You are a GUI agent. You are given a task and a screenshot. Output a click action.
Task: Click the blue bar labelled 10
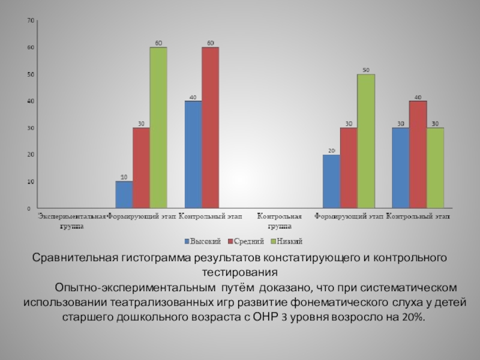(x=124, y=194)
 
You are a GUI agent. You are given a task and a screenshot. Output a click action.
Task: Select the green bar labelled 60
(x=158, y=127)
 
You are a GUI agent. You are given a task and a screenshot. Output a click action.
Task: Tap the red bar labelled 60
(x=210, y=127)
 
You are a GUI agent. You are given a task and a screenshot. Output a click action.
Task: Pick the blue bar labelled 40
(x=193, y=154)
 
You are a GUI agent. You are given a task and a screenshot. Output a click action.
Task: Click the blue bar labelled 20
(x=331, y=181)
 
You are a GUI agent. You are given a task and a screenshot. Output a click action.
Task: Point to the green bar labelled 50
(x=366, y=141)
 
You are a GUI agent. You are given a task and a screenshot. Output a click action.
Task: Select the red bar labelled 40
(x=418, y=154)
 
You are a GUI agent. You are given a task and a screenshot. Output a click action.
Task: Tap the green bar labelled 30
(x=435, y=167)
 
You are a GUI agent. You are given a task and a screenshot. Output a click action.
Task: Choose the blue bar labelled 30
(x=400, y=167)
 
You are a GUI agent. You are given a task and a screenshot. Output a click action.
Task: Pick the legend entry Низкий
(x=287, y=241)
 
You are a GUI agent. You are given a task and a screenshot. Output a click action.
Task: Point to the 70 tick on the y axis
(x=29, y=20)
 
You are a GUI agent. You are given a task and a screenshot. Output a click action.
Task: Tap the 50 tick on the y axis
(x=29, y=74)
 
